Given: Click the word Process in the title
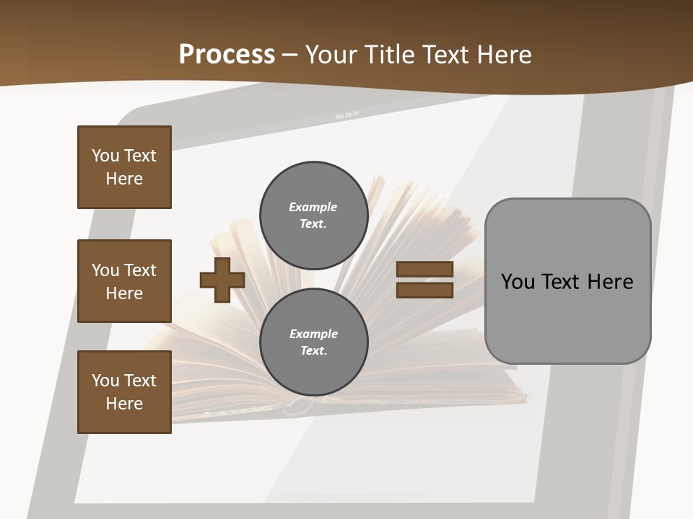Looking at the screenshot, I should click(x=227, y=54).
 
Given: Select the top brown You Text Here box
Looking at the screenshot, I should click(x=124, y=167).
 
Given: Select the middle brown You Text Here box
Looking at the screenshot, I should click(x=124, y=281).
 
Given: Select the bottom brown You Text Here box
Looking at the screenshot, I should click(x=124, y=392).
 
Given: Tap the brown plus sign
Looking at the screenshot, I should click(x=222, y=280).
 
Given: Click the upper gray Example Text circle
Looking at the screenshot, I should click(x=313, y=215).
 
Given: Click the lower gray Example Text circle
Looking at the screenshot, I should click(x=313, y=342).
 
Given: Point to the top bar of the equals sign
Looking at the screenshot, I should click(x=424, y=269).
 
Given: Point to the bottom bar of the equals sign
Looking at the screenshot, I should click(x=424, y=290).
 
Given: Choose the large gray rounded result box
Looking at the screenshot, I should click(x=567, y=281).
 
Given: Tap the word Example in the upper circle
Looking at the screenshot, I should click(x=313, y=207).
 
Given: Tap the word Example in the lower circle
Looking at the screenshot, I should click(x=313, y=334).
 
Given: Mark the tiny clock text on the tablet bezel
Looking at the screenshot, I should click(x=347, y=115).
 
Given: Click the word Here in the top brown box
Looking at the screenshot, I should click(x=124, y=179).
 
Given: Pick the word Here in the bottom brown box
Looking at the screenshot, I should click(x=124, y=404).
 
